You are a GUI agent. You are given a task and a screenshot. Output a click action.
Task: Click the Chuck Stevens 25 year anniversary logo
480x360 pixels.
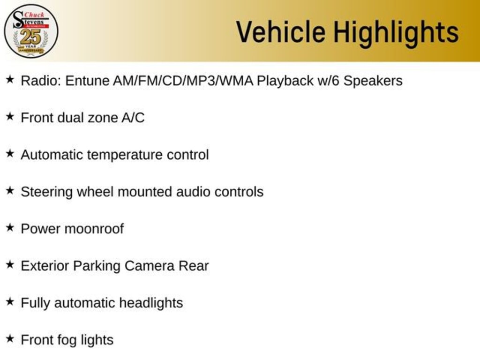(x=31, y=31)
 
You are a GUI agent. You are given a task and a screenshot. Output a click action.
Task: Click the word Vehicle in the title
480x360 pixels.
(x=281, y=32)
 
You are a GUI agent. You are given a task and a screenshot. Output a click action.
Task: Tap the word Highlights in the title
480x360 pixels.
(x=396, y=33)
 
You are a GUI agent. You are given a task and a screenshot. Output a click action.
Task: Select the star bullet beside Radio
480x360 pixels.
(x=10, y=80)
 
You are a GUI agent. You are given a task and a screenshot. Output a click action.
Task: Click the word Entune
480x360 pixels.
(x=87, y=81)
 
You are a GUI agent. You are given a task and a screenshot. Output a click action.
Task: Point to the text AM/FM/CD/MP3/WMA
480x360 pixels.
(x=183, y=81)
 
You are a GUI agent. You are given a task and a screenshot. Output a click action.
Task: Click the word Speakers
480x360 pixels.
(x=373, y=81)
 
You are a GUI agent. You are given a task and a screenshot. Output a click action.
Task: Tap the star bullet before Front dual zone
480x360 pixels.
(x=10, y=116)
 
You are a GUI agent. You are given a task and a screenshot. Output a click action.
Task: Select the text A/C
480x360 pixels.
(x=133, y=118)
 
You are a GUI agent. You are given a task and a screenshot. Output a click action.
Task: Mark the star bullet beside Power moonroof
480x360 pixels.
(x=10, y=227)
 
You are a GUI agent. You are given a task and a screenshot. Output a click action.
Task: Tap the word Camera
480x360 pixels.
(x=150, y=266)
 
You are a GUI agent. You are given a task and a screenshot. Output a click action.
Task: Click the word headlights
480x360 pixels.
(x=151, y=303)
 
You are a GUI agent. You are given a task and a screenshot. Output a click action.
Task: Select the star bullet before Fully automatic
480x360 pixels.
(x=10, y=301)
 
